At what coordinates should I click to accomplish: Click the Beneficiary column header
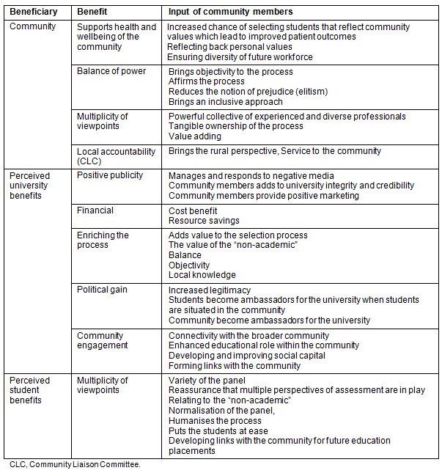point(34,12)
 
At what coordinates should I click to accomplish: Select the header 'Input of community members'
point(231,12)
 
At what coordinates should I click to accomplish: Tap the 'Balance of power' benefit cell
point(111,71)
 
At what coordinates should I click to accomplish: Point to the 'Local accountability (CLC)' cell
point(116,156)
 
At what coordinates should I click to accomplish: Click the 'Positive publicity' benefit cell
point(110,175)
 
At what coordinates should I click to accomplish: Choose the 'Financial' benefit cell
point(95,210)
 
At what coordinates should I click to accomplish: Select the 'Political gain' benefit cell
point(102,290)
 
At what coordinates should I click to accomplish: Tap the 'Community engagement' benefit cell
point(102,340)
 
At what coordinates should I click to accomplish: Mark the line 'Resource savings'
point(204,221)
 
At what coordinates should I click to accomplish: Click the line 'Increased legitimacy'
point(210,290)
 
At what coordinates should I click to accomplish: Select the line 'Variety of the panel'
point(207,380)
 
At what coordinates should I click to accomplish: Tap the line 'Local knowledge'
point(202,275)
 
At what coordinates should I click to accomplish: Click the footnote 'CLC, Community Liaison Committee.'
point(75,464)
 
